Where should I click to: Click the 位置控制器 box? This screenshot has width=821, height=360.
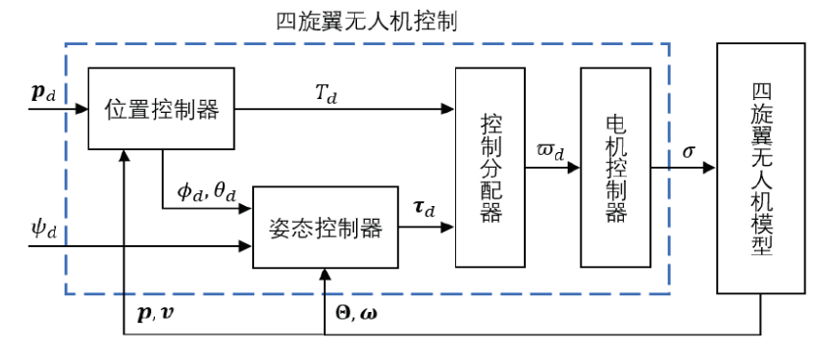point(161,109)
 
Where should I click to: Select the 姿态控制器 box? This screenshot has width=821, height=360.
point(324,227)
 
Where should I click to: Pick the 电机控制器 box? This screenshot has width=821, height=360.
point(616,168)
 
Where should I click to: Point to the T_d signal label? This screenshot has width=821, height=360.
point(326,91)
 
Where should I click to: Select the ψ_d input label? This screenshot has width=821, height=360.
point(45,233)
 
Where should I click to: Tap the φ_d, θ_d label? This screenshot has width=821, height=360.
point(206,191)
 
